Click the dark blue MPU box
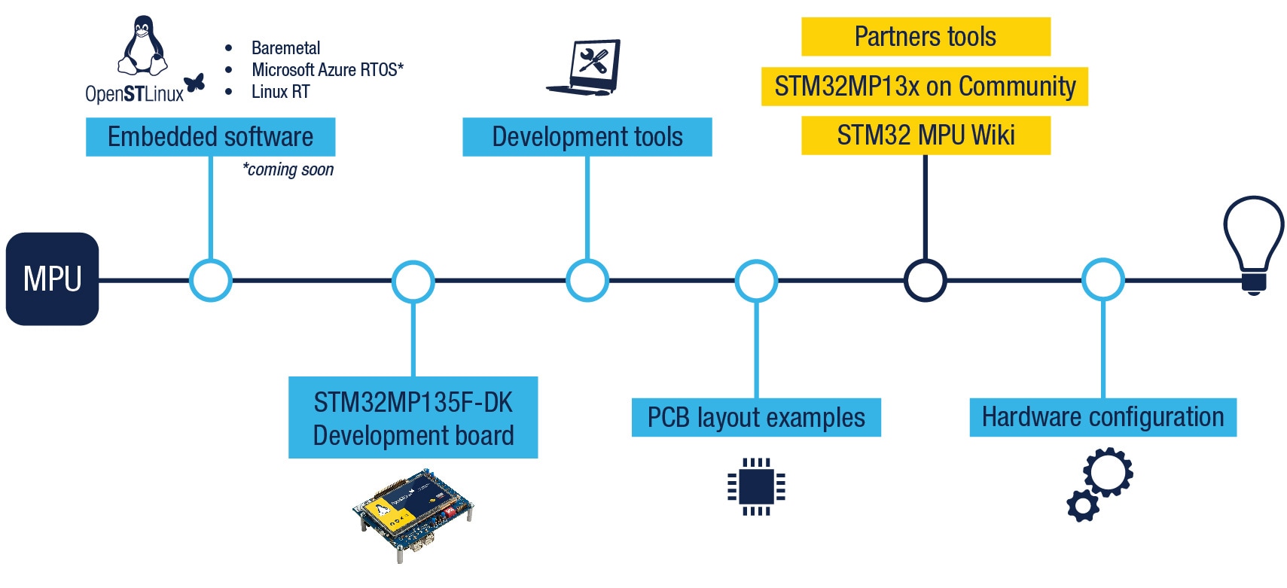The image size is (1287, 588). (x=52, y=279)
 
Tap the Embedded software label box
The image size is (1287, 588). (x=210, y=137)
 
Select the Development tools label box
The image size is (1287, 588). (x=587, y=137)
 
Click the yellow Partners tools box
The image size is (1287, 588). (x=925, y=37)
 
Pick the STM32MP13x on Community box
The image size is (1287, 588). (x=924, y=87)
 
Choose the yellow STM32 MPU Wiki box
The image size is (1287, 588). (x=925, y=136)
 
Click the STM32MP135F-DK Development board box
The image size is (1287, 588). (x=413, y=418)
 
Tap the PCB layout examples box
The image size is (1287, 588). (x=755, y=418)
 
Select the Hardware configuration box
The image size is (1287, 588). (x=1102, y=417)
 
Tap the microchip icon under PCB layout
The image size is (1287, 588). (x=756, y=486)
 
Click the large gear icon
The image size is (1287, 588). (x=1108, y=472)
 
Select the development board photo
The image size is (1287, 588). (x=413, y=513)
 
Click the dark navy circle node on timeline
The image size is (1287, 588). (x=925, y=280)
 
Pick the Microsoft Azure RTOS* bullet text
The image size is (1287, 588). (x=327, y=70)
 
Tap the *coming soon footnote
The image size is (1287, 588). (x=288, y=170)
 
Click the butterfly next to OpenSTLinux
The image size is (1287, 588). (x=195, y=83)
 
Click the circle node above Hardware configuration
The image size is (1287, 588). (x=1102, y=280)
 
